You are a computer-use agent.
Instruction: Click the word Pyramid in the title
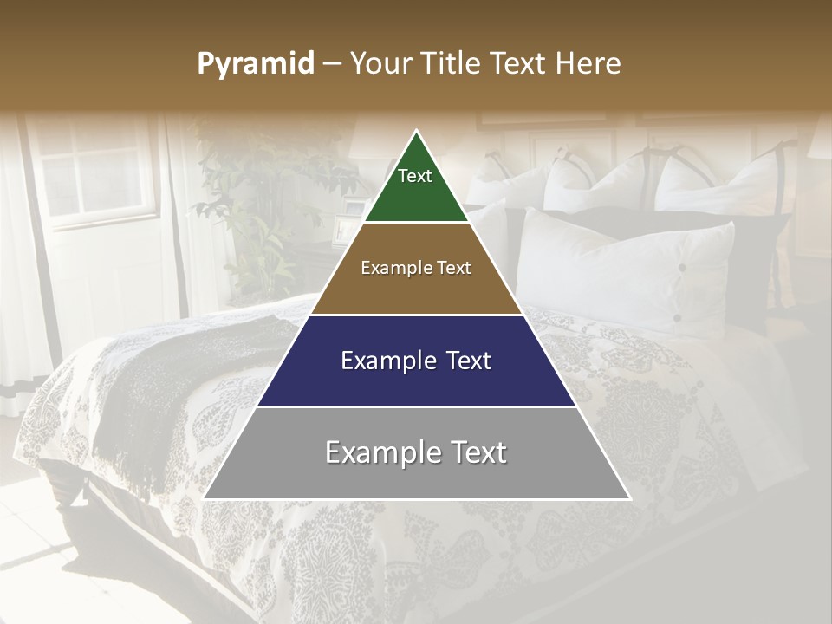click(x=256, y=64)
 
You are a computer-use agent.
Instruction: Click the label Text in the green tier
click(x=415, y=176)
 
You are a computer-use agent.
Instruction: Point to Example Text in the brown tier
click(x=416, y=268)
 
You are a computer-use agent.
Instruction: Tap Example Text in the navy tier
click(x=416, y=361)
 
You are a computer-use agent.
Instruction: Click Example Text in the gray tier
click(x=416, y=452)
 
